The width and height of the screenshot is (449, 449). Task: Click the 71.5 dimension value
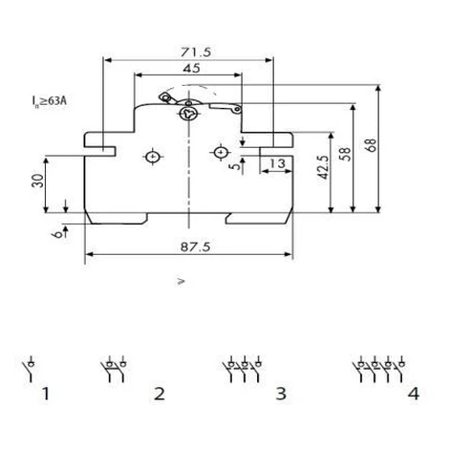[x=196, y=52]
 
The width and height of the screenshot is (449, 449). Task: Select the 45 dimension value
[x=192, y=68]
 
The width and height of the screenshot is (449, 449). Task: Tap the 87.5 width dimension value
[x=195, y=246]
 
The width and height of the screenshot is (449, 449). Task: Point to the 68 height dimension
[x=372, y=145]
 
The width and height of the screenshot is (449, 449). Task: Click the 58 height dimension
[x=346, y=154]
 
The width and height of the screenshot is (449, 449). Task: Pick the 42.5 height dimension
[x=323, y=167]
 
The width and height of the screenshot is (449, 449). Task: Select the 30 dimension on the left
[x=38, y=181]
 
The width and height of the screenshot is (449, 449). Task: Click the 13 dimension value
[x=277, y=163]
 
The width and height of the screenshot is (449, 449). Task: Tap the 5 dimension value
[x=235, y=166]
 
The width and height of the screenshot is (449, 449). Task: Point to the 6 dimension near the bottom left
[x=57, y=234]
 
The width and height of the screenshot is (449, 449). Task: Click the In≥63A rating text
[x=49, y=101]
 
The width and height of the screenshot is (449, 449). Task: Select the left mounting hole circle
[x=153, y=157]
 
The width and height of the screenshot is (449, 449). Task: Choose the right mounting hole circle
[x=221, y=153]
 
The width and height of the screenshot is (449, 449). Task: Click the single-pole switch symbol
[x=28, y=369]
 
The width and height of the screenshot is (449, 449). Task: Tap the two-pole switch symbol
[x=114, y=369]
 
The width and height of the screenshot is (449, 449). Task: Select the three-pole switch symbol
[x=243, y=369]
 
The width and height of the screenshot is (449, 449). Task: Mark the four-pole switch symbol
[x=379, y=369]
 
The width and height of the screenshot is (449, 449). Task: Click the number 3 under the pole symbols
[x=281, y=394]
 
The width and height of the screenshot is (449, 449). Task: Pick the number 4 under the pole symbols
[x=414, y=394]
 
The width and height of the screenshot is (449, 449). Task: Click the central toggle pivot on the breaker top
[x=189, y=113]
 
